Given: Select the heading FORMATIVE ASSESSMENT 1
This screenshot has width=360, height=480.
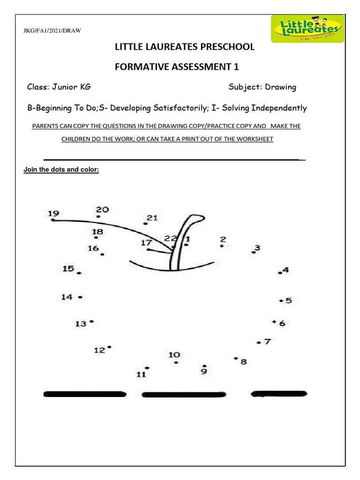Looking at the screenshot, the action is [177, 67].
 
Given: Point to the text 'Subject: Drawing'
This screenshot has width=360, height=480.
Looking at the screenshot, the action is [262, 87].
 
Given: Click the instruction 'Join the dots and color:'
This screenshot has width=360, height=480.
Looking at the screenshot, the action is [61, 170].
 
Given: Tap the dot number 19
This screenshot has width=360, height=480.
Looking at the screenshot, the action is [53, 219].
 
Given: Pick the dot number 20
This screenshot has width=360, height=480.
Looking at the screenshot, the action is [98, 217].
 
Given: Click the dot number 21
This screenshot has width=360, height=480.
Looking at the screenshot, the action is [146, 224].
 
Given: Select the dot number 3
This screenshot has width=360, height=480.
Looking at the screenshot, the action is [253, 252].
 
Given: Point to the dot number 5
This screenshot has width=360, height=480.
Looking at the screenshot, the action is [281, 300].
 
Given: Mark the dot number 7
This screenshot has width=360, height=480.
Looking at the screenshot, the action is [258, 343].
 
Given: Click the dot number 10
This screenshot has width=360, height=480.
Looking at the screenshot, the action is [176, 362].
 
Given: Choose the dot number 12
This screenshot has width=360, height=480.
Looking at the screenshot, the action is [109, 347].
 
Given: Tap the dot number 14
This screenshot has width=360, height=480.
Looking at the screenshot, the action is [81, 297].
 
